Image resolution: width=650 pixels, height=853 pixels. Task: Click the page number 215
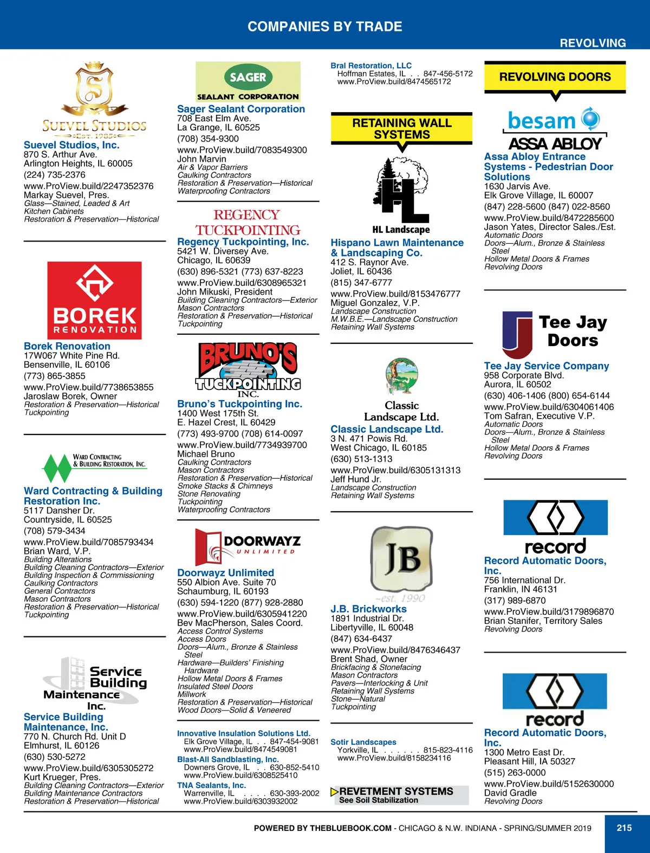624,828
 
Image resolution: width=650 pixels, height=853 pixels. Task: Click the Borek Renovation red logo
94,301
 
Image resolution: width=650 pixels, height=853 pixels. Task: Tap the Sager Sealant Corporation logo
248,82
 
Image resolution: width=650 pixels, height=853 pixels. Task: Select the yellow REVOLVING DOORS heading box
555,77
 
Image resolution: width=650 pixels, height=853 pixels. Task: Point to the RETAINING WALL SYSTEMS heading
401,129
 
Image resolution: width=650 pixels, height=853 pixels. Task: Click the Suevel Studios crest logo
94,100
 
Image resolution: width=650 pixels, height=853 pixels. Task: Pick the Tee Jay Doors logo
555,333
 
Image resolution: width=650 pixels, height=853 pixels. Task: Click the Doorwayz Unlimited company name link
225,572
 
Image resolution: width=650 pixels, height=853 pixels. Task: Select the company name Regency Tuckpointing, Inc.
243,242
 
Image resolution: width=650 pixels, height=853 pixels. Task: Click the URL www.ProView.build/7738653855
88,387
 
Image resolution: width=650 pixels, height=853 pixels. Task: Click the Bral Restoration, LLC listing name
371,66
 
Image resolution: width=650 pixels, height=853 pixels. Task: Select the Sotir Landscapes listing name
363,742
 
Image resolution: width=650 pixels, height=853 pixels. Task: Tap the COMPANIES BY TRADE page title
324,27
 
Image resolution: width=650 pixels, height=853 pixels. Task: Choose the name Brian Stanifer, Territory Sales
543,621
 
